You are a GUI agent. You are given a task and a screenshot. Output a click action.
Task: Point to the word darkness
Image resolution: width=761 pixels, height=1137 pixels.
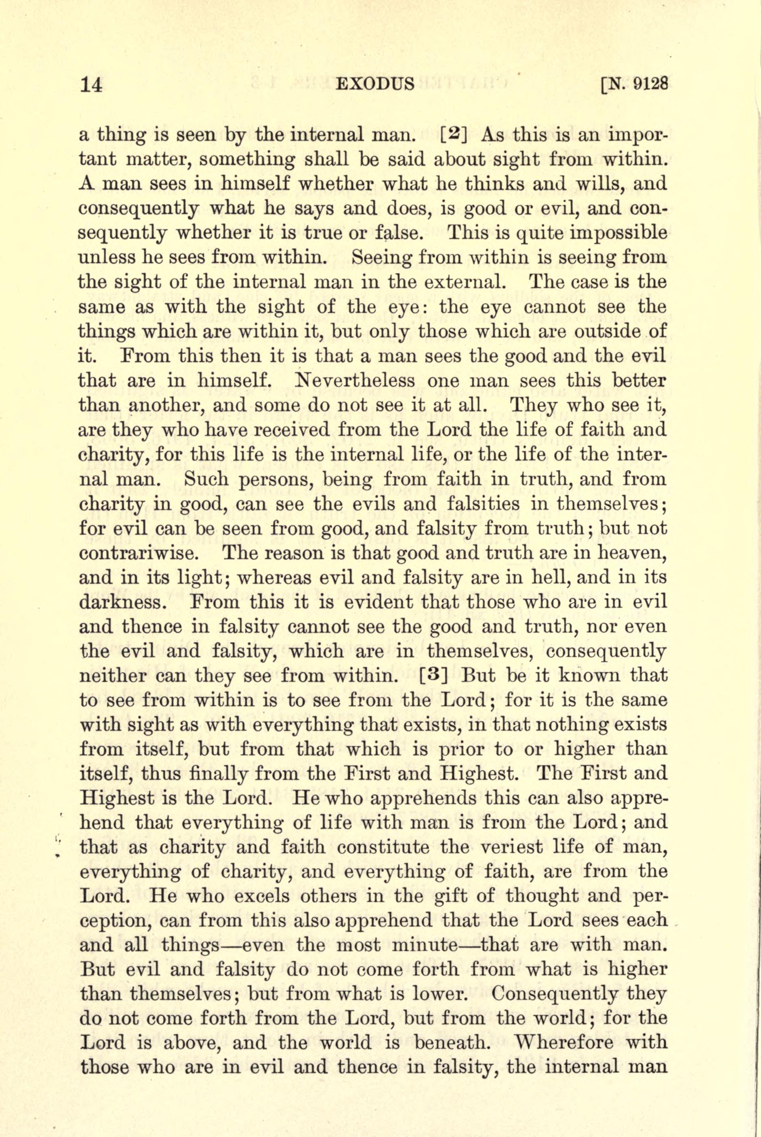[x=126, y=602]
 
